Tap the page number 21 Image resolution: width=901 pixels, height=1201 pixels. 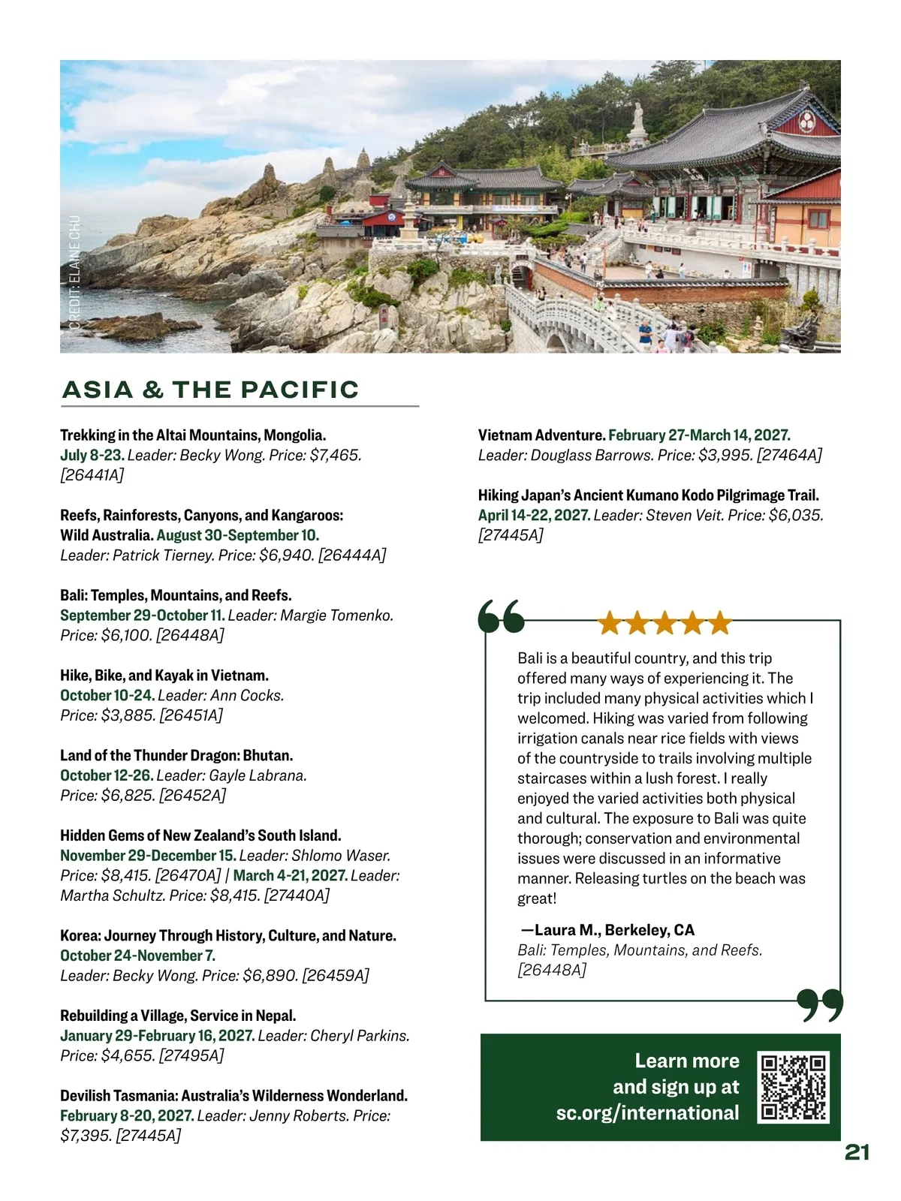[x=857, y=1152]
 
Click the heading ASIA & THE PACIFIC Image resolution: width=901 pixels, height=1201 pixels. [x=211, y=390]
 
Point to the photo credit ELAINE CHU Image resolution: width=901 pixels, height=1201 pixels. [x=74, y=272]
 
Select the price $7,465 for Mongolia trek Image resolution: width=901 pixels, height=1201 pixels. [x=335, y=455]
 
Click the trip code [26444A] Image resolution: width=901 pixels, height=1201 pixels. [x=352, y=555]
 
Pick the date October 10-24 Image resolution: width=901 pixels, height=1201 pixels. [x=107, y=696]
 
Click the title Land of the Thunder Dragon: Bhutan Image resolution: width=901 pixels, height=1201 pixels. [x=176, y=755]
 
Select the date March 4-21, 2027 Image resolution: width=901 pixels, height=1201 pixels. [x=291, y=875]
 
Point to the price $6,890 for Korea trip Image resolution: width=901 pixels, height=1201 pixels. [x=269, y=976]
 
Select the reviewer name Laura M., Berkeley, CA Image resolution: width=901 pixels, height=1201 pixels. [x=608, y=930]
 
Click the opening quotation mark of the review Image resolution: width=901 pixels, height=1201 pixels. [x=501, y=618]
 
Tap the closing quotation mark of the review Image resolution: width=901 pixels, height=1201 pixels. [x=820, y=1006]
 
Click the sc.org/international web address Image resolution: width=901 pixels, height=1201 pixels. [x=647, y=1112]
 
